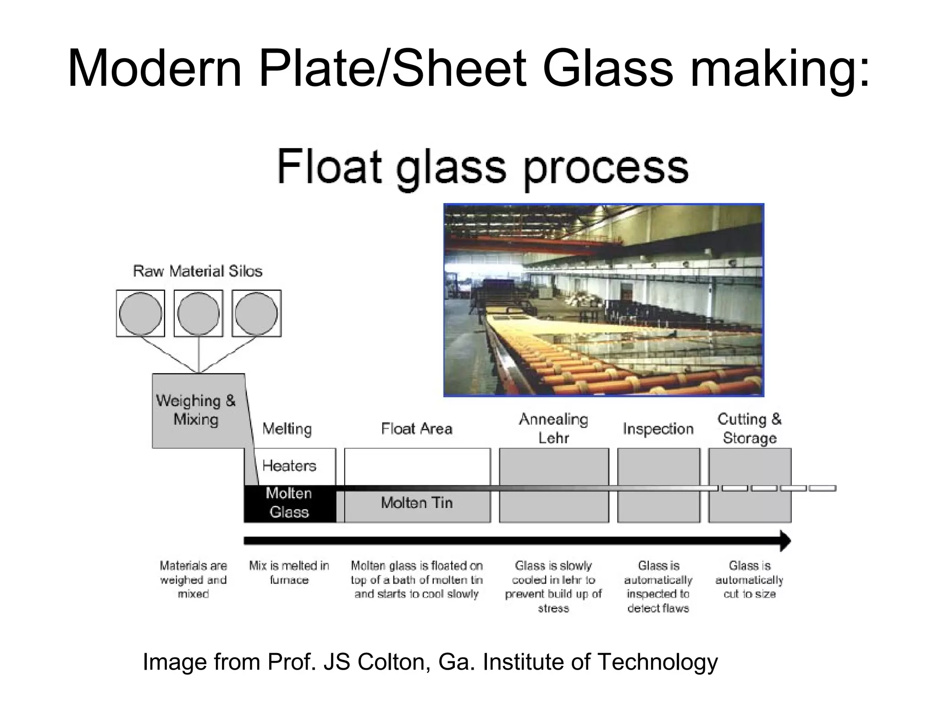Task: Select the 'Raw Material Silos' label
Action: click(198, 271)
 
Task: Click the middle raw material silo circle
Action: click(198, 313)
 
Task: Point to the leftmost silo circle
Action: click(140, 313)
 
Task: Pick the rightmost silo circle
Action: click(256, 313)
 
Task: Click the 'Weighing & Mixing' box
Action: click(196, 410)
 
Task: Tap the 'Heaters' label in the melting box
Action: click(289, 466)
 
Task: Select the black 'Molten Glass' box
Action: click(289, 503)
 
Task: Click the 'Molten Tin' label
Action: click(417, 503)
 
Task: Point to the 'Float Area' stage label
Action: click(417, 429)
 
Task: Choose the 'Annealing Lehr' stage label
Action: click(553, 429)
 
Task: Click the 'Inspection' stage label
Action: click(658, 429)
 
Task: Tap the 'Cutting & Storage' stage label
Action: click(750, 429)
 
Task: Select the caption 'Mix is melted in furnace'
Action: click(289, 573)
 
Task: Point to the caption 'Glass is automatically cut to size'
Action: click(749, 580)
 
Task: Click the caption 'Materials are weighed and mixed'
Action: click(193, 580)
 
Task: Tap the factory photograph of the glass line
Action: click(603, 300)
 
